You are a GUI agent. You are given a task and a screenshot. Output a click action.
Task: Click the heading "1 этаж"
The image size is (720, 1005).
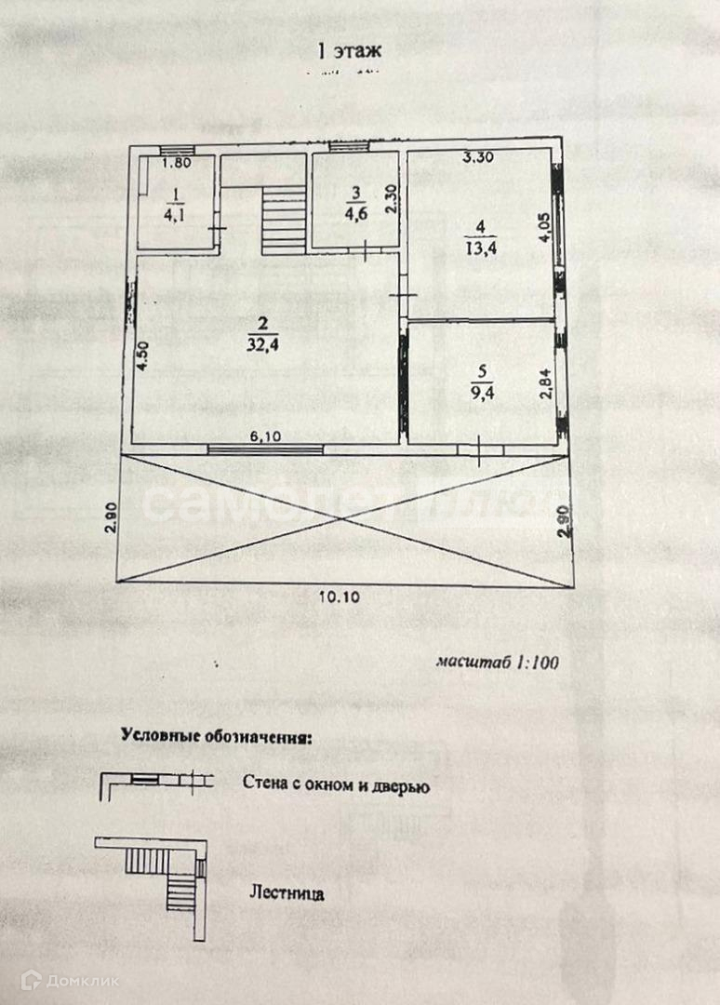[x=349, y=52]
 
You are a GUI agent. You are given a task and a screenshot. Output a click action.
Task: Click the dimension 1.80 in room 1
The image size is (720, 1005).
[x=177, y=164]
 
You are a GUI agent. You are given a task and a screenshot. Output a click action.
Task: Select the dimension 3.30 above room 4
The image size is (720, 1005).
[x=478, y=157]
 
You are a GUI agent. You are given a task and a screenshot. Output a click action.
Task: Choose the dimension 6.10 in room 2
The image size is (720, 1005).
[x=266, y=435]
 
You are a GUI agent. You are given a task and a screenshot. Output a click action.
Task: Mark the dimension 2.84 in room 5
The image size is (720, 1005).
[x=546, y=383]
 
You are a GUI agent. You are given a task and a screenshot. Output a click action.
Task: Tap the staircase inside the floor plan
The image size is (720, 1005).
[x=284, y=219]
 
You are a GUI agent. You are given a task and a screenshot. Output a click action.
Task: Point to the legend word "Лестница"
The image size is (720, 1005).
[x=287, y=894]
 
